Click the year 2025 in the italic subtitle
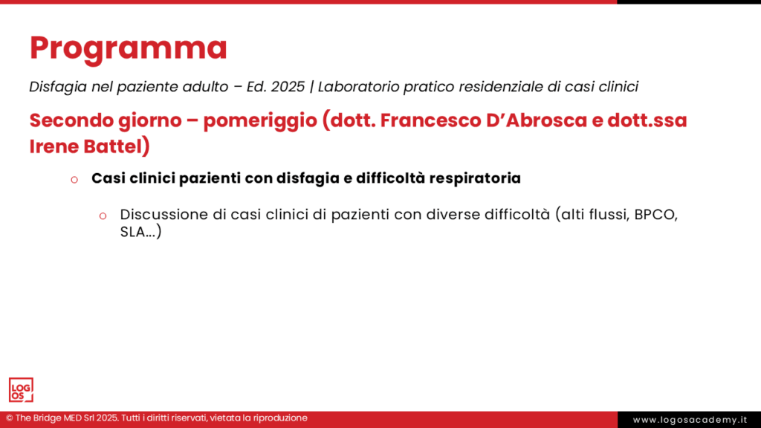(x=288, y=87)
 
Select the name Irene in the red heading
(x=53, y=146)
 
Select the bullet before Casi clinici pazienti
(x=74, y=180)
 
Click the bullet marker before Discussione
(x=103, y=215)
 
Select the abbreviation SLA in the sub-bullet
(x=134, y=232)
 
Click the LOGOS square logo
(x=21, y=390)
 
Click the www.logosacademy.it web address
(x=690, y=420)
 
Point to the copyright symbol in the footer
(x=8, y=418)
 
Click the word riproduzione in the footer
(x=276, y=418)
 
